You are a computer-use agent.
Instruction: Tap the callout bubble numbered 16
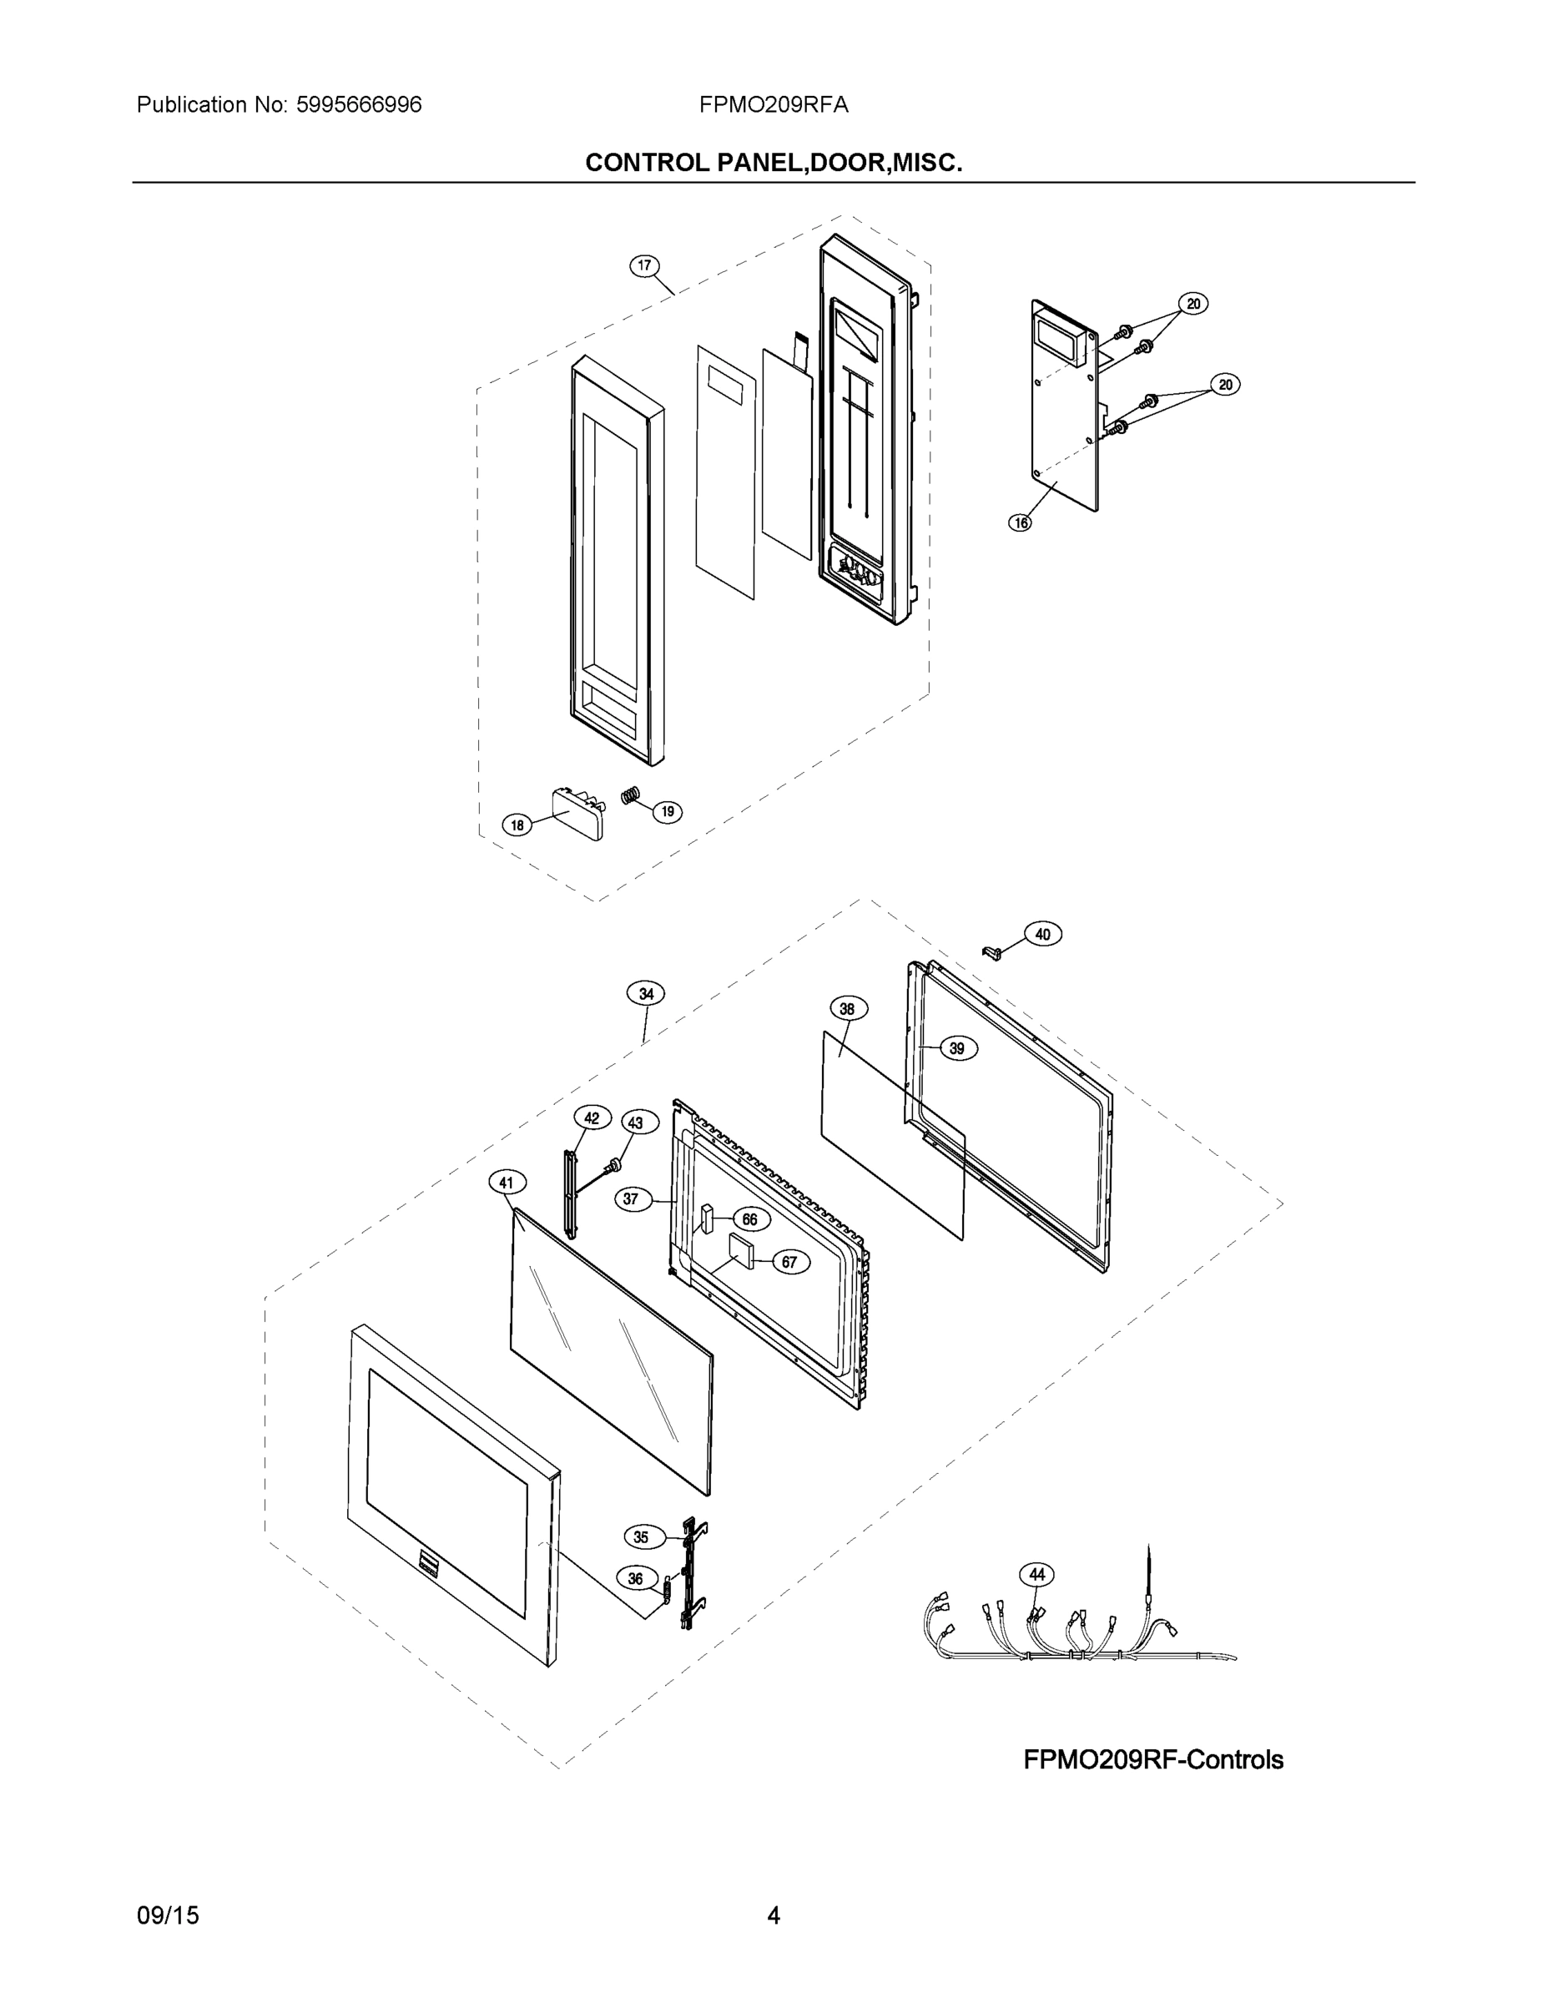pyautogui.click(x=1020, y=522)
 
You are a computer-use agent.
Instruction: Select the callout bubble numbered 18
pyautogui.click(x=517, y=825)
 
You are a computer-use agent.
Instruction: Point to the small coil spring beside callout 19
pyautogui.click(x=629, y=796)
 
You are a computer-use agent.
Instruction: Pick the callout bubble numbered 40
pyautogui.click(x=1042, y=935)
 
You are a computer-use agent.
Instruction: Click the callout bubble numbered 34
pyautogui.click(x=646, y=993)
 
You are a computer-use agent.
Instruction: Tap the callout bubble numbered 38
pyautogui.click(x=847, y=1009)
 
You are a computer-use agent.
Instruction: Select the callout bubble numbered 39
pyautogui.click(x=957, y=1048)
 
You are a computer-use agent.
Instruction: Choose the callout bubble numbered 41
pyautogui.click(x=507, y=1183)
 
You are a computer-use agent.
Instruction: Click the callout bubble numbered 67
pyautogui.click(x=789, y=1262)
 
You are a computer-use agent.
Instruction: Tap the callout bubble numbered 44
pyautogui.click(x=1036, y=1575)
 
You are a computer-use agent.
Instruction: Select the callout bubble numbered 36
pyautogui.click(x=636, y=1578)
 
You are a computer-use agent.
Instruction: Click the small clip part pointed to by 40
pyautogui.click(x=989, y=954)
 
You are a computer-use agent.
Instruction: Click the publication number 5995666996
pyautogui.click(x=359, y=105)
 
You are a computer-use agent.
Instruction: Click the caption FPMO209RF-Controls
pyautogui.click(x=1152, y=1760)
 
